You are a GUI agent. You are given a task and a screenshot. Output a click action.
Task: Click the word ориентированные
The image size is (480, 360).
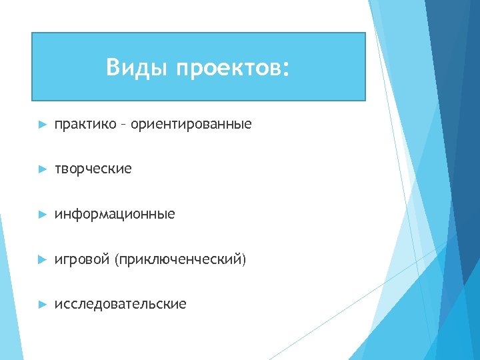click(x=191, y=125)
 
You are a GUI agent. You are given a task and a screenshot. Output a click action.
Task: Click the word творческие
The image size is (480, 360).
click(x=93, y=169)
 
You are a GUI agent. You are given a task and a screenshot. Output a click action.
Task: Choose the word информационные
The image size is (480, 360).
click(x=115, y=214)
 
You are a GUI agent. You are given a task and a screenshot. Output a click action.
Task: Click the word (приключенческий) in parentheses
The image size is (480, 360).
click(x=180, y=259)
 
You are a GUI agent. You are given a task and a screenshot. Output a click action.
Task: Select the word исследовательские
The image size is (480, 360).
click(x=121, y=304)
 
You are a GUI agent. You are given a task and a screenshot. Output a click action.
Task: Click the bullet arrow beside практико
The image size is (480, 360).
click(x=42, y=125)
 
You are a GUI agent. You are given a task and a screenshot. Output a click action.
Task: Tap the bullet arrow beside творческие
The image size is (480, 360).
click(x=42, y=169)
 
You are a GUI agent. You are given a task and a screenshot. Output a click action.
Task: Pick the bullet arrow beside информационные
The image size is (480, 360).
click(x=42, y=215)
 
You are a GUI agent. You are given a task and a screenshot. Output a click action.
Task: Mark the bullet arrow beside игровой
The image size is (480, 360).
click(x=42, y=259)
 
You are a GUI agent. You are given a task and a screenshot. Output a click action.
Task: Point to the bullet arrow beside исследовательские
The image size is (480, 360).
click(x=42, y=304)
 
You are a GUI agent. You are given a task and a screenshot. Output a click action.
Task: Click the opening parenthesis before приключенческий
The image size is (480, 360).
click(x=117, y=259)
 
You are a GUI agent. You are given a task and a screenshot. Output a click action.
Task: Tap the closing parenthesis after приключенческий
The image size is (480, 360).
click(x=244, y=259)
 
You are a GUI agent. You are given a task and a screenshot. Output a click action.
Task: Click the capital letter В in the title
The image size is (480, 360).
click(x=112, y=67)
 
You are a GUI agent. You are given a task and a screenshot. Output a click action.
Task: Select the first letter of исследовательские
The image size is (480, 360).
click(x=58, y=305)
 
